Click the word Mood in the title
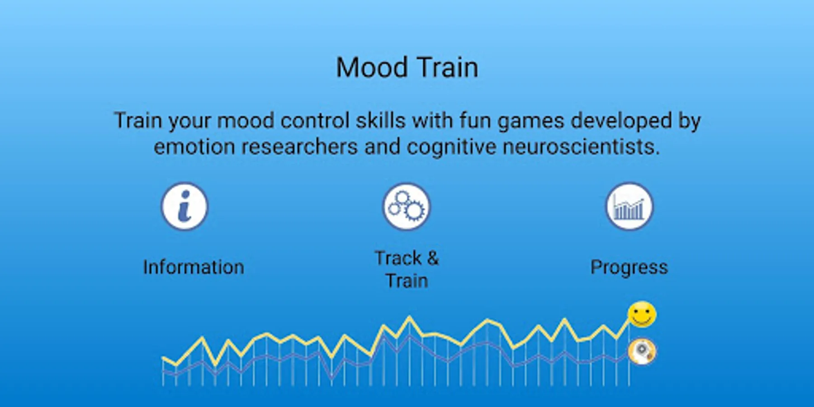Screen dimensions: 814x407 coord(372,68)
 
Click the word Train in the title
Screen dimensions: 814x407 coord(447,68)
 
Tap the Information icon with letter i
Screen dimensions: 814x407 coord(185,206)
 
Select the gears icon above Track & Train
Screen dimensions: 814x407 coord(407,206)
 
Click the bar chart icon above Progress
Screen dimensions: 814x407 coord(629,206)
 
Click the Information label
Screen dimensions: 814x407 coord(194,267)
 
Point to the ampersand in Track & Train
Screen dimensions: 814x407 coord(433,258)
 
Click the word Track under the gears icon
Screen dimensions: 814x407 coord(398,258)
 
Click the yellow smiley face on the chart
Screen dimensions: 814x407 coord(642,314)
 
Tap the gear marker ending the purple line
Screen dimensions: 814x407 coord(642,351)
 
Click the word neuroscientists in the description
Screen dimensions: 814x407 coord(581,147)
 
